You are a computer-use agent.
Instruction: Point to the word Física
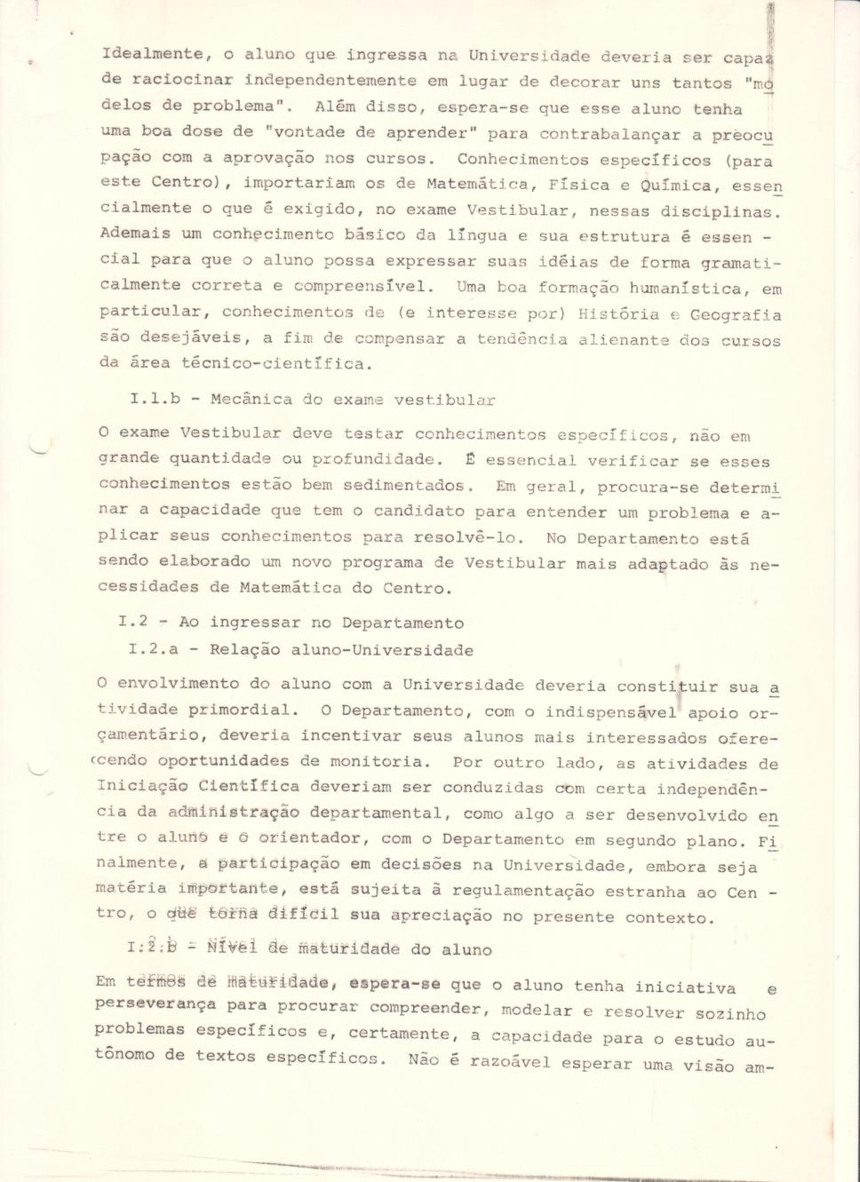pos(579,186)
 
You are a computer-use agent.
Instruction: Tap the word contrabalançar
pos(609,135)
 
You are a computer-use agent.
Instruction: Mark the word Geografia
pos(737,315)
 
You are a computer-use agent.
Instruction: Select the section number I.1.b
pos(155,399)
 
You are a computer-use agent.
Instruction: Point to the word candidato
pos(418,511)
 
